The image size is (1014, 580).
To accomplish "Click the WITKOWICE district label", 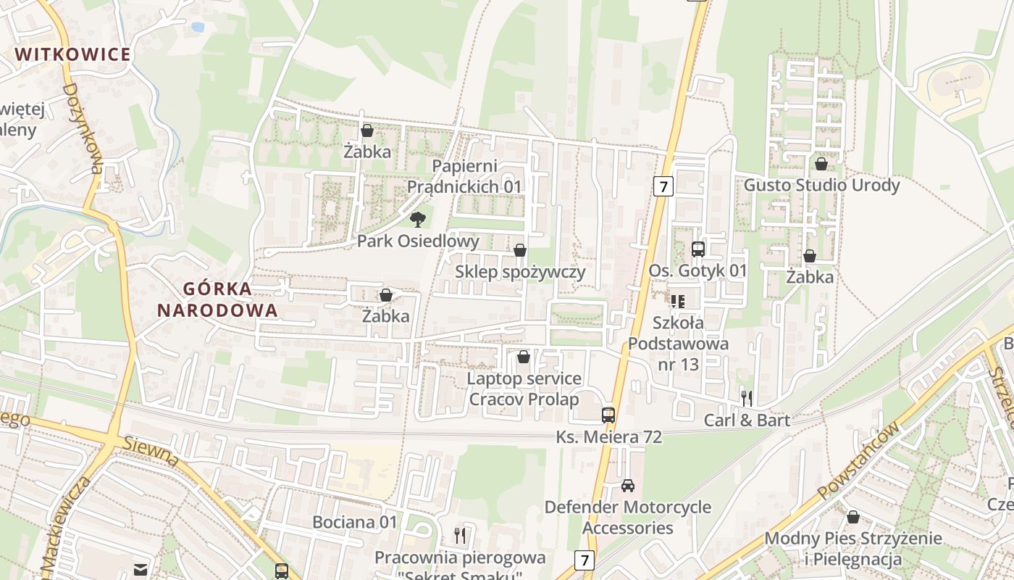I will pyautogui.click(x=73, y=54).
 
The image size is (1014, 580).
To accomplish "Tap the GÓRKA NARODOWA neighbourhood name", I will pyautogui.click(x=217, y=299).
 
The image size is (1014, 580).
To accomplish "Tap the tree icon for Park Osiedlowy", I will pyautogui.click(x=417, y=219).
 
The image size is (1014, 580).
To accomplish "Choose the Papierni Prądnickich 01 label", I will pyautogui.click(x=464, y=176).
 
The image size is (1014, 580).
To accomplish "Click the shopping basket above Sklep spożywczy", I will pyautogui.click(x=520, y=251).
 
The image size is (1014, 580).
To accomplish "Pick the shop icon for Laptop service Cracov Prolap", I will pyautogui.click(x=524, y=357).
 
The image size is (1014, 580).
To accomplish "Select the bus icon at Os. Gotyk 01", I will pyautogui.click(x=698, y=249).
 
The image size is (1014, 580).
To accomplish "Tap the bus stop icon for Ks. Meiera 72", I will pyautogui.click(x=608, y=415).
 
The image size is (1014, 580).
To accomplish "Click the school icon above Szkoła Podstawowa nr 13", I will pyautogui.click(x=677, y=301).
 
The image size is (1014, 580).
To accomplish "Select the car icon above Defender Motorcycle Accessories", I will pyautogui.click(x=628, y=485).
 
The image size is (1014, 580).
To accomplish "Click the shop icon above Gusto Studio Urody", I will pyautogui.click(x=821, y=165).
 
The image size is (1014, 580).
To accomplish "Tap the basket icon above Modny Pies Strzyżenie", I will pyautogui.click(x=853, y=517).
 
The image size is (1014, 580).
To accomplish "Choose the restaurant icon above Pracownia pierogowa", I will pyautogui.click(x=460, y=536).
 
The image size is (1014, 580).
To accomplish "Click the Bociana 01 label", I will pyautogui.click(x=355, y=522).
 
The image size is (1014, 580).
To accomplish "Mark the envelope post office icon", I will pyautogui.click(x=140, y=570).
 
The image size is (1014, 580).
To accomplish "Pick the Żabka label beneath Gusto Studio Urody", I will pyautogui.click(x=810, y=277).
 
